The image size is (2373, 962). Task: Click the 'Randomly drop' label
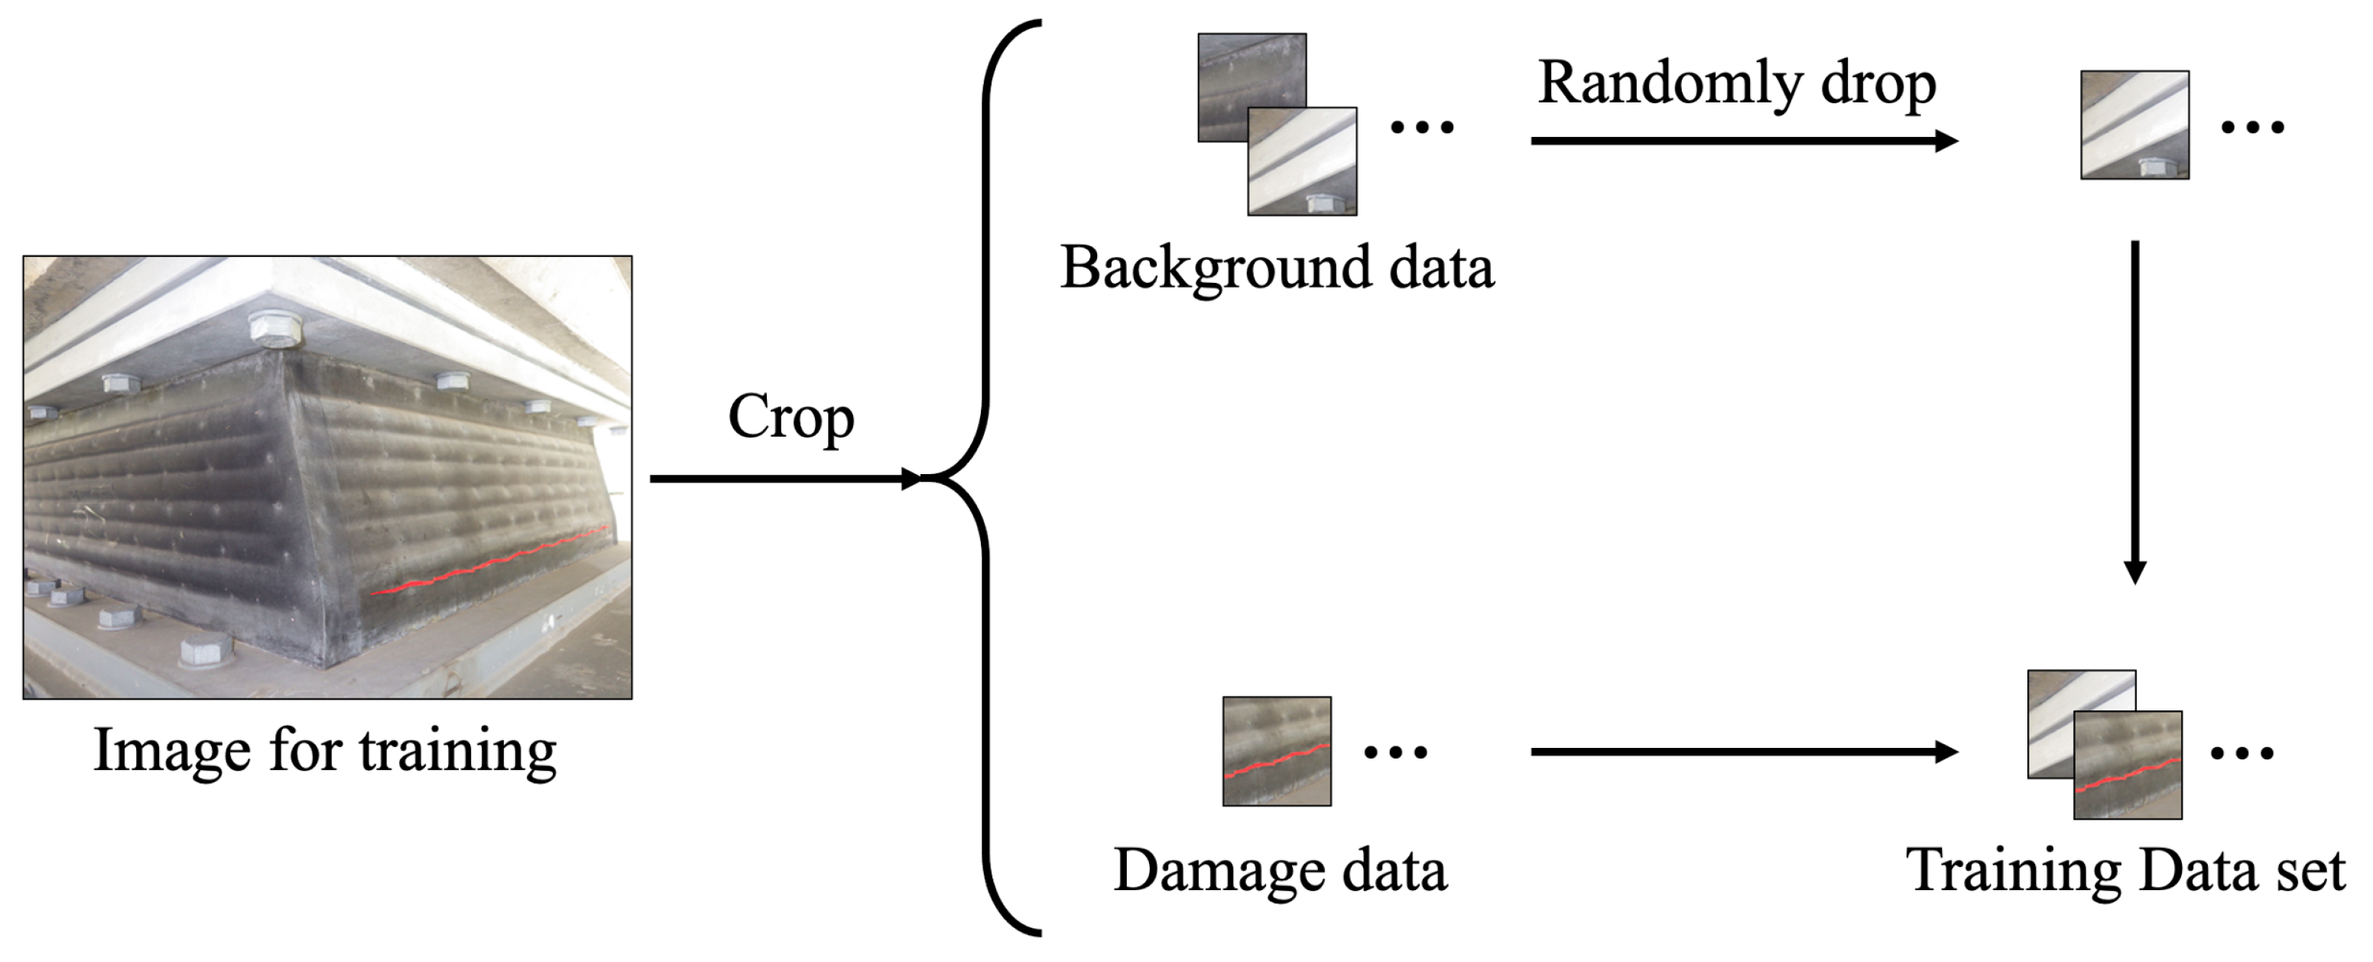click(x=1736, y=84)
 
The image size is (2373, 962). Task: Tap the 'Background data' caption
click(x=1277, y=268)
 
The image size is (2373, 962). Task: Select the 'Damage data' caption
click(x=1280, y=870)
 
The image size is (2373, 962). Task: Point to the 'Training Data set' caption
click(x=2125, y=870)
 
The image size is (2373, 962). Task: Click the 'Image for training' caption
click(x=325, y=750)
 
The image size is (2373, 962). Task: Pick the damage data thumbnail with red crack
click(x=1276, y=751)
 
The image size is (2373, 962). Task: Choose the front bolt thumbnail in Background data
click(x=1302, y=161)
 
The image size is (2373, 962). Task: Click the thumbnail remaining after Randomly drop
click(x=2134, y=125)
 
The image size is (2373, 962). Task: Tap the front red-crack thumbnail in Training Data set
click(x=2127, y=765)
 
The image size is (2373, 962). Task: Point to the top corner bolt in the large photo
click(x=273, y=329)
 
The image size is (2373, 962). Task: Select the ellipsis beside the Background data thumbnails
click(x=1421, y=127)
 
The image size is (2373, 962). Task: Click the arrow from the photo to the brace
click(x=783, y=478)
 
